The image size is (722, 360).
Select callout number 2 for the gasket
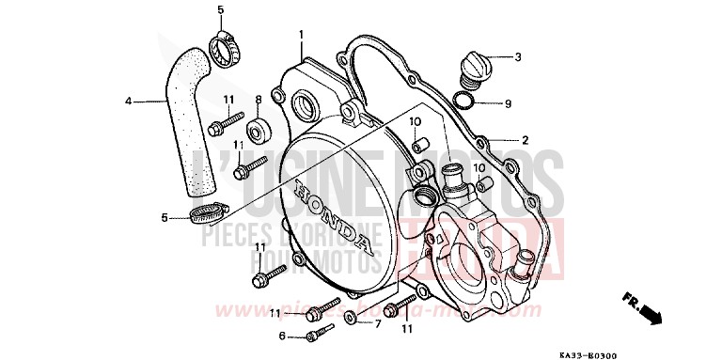[525, 140]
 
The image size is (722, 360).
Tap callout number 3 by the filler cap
[517, 57]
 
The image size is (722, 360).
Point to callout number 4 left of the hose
[129, 100]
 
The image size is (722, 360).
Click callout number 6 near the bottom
[281, 336]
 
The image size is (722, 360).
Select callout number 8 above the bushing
[258, 99]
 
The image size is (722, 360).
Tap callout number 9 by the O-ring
[508, 103]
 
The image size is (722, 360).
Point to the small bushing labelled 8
[258, 125]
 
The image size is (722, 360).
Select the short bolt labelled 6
[317, 333]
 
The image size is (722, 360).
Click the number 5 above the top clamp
[221, 10]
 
